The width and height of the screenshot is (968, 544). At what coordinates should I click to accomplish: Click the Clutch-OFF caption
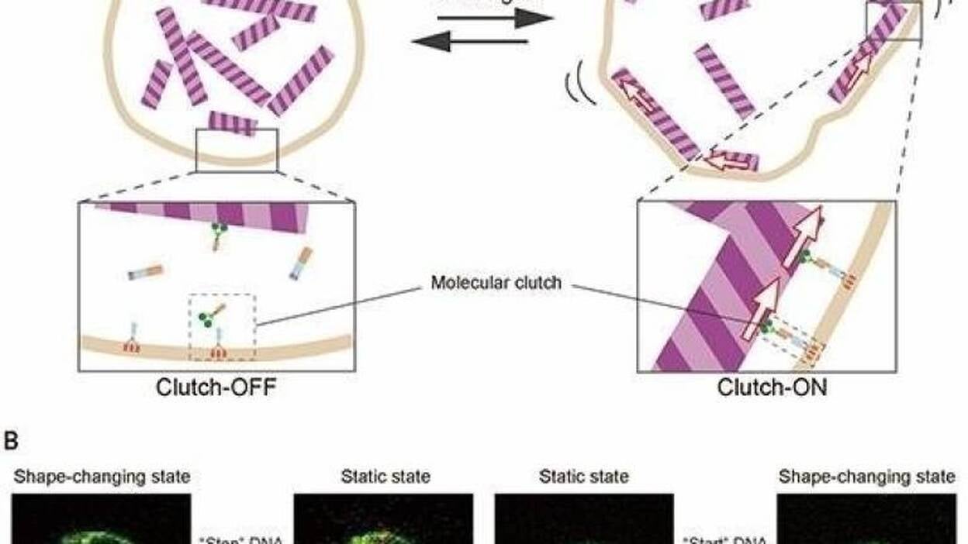tap(216, 386)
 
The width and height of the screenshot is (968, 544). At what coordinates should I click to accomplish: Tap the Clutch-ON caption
tap(772, 386)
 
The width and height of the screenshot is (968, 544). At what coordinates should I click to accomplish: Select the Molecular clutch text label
tap(496, 282)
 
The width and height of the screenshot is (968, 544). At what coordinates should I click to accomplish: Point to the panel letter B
tap(11, 442)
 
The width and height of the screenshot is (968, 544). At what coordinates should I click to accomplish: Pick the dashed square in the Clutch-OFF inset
tap(223, 326)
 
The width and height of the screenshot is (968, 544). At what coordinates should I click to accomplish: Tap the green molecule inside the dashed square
tap(207, 317)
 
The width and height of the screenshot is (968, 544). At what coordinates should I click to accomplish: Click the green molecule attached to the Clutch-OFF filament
tap(221, 229)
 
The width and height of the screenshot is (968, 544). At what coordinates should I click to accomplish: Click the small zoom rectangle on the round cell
tap(236, 150)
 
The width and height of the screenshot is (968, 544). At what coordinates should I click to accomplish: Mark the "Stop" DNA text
tap(241, 539)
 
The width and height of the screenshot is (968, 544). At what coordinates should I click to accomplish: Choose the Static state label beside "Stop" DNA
tap(385, 477)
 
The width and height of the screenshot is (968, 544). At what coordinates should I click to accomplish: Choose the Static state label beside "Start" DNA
tap(583, 477)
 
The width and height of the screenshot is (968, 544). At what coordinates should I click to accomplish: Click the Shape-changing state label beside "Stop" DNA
tap(102, 477)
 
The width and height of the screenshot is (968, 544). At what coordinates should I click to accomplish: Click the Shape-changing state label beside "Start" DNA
tap(867, 477)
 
